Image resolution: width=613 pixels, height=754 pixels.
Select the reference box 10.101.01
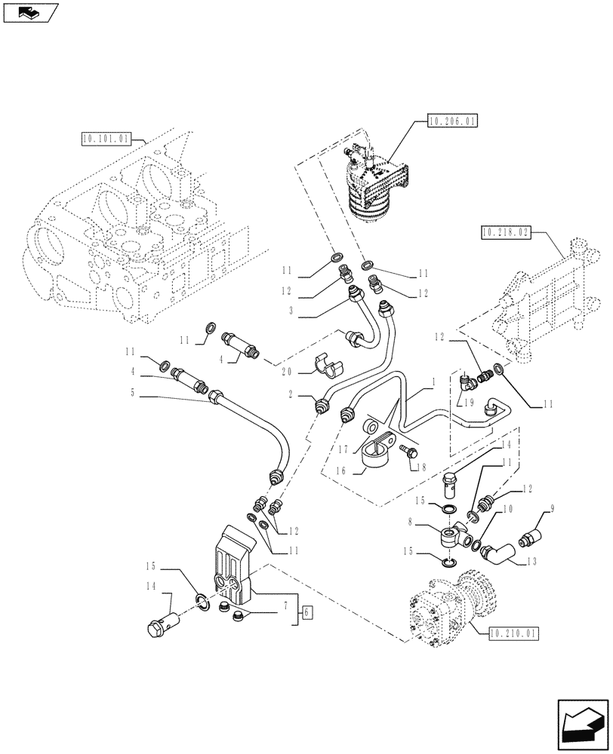(x=105, y=139)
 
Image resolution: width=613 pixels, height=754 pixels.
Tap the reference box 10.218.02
(x=505, y=234)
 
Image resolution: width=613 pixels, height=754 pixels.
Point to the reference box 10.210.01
(x=513, y=633)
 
